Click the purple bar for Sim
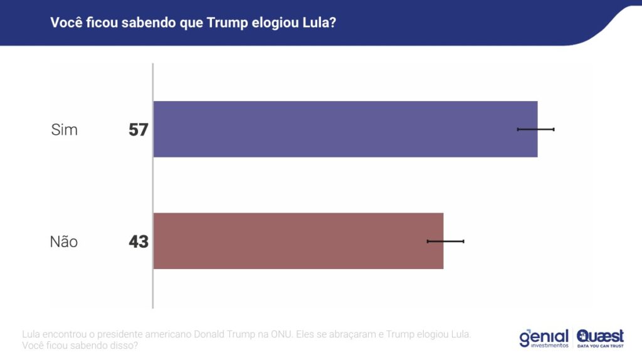click(345, 129)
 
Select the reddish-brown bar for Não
click(298, 241)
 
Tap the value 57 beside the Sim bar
click(138, 130)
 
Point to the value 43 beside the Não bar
click(138, 241)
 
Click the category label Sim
click(65, 130)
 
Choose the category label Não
click(64, 241)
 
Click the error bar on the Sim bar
click(535, 129)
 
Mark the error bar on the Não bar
click(445, 241)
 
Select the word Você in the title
click(65, 23)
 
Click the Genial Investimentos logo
click(544, 338)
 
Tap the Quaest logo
click(600, 336)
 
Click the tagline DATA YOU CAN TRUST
click(600, 346)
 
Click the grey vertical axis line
click(153, 188)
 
